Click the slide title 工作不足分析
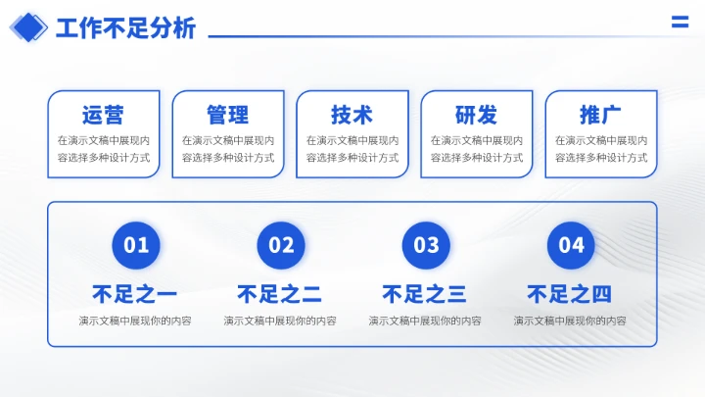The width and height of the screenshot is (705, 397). pyautogui.click(x=125, y=28)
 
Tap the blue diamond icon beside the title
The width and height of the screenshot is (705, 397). pyautogui.click(x=28, y=28)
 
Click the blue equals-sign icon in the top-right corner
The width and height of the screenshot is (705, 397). pyautogui.click(x=679, y=24)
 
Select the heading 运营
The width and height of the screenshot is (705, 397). pyautogui.click(x=103, y=115)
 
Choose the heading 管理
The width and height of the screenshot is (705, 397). pyautogui.click(x=227, y=115)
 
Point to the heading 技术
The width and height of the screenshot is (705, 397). pyautogui.click(x=352, y=115)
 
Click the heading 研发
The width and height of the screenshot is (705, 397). pyautogui.click(x=476, y=115)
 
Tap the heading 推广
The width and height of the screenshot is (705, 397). pyautogui.click(x=600, y=115)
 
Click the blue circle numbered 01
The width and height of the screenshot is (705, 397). pyautogui.click(x=135, y=245)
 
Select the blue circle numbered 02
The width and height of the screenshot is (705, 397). pyautogui.click(x=281, y=245)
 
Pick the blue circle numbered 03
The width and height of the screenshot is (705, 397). pyautogui.click(x=426, y=245)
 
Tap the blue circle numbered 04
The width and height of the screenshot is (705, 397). pyautogui.click(x=571, y=245)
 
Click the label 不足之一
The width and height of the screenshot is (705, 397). pyautogui.click(x=135, y=294)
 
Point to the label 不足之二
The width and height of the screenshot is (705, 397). pyautogui.click(x=280, y=294)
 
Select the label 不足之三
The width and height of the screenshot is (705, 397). pyautogui.click(x=425, y=294)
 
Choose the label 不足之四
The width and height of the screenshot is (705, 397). pyautogui.click(x=570, y=294)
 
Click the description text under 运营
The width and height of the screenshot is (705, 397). pyautogui.click(x=103, y=149)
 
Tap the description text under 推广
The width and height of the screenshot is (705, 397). pyautogui.click(x=600, y=149)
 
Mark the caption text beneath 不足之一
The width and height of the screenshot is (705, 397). pyautogui.click(x=135, y=321)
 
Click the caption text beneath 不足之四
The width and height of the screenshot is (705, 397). pyautogui.click(x=570, y=321)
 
